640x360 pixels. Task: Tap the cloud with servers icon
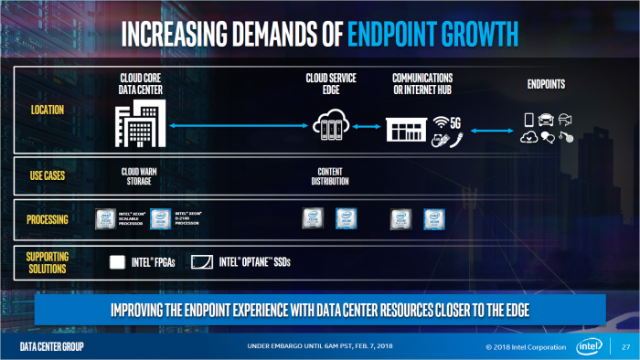pos(330,125)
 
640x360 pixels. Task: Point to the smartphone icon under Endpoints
pos(528,120)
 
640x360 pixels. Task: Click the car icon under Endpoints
pos(546,119)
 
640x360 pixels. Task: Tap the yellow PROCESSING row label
pos(48,219)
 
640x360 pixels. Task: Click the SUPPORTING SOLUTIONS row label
pos(48,262)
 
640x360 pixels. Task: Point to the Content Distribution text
pos(330,175)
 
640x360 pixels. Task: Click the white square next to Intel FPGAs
pos(117,263)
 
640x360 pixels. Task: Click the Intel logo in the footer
pos(589,347)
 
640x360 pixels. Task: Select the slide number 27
pos(625,348)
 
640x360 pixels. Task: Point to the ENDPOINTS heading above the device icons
pos(546,85)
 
